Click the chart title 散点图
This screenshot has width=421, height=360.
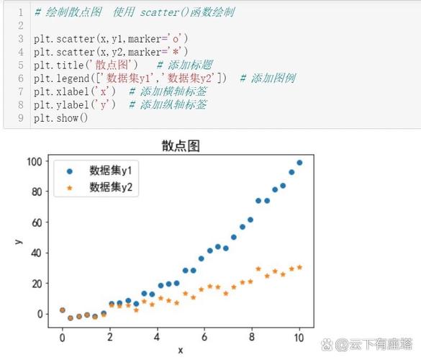click(x=180, y=146)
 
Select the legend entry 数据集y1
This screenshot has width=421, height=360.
click(x=114, y=171)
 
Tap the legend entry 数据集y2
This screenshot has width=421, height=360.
click(x=114, y=187)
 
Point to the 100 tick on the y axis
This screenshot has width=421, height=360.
click(x=34, y=161)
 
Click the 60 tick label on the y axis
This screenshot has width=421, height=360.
click(x=37, y=222)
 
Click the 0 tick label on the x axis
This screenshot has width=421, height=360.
click(x=62, y=336)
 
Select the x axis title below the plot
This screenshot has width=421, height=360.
click(x=180, y=350)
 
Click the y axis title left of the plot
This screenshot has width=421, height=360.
click(x=17, y=240)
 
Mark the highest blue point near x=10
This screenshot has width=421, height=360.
click(x=299, y=163)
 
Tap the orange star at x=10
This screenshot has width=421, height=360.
click(x=299, y=267)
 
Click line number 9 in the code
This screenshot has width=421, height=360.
click(x=21, y=117)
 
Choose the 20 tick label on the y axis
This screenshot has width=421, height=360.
click(x=37, y=284)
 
